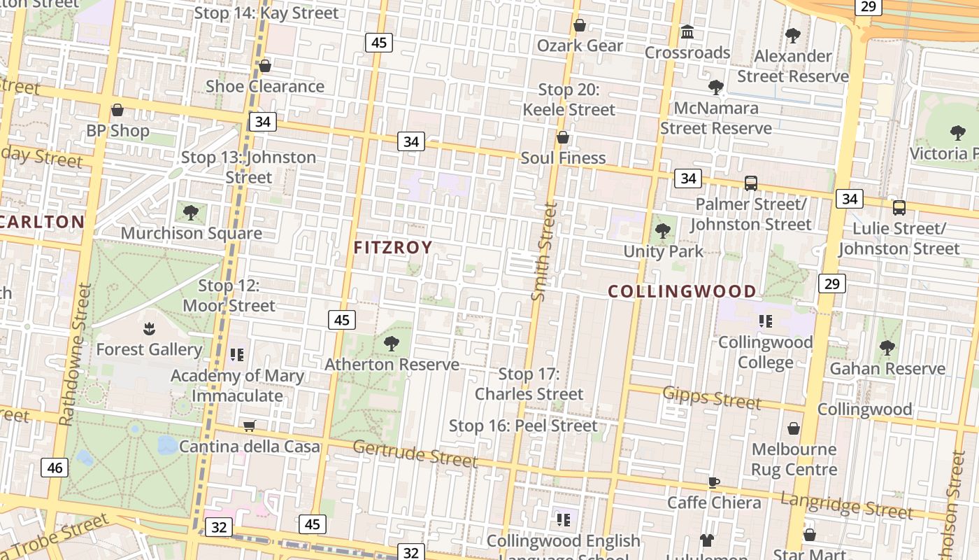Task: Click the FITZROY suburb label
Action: (x=393, y=247)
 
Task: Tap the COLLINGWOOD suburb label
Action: (x=682, y=291)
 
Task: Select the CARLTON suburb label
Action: (x=42, y=222)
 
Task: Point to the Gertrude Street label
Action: (x=415, y=453)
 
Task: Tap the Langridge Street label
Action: (x=846, y=505)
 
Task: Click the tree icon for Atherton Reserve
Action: (x=392, y=343)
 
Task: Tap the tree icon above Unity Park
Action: (x=663, y=230)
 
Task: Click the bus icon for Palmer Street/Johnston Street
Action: (x=751, y=183)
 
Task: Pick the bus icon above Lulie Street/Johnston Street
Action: (x=899, y=208)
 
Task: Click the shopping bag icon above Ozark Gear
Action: (x=580, y=26)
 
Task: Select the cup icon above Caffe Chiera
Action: (x=714, y=482)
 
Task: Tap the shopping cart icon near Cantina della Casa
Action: (x=249, y=426)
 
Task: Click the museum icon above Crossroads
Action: (x=687, y=32)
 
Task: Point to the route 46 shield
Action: (x=55, y=468)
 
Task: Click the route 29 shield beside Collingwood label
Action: (x=831, y=283)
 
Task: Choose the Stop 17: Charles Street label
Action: (x=529, y=384)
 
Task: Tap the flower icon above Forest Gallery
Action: (x=148, y=328)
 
